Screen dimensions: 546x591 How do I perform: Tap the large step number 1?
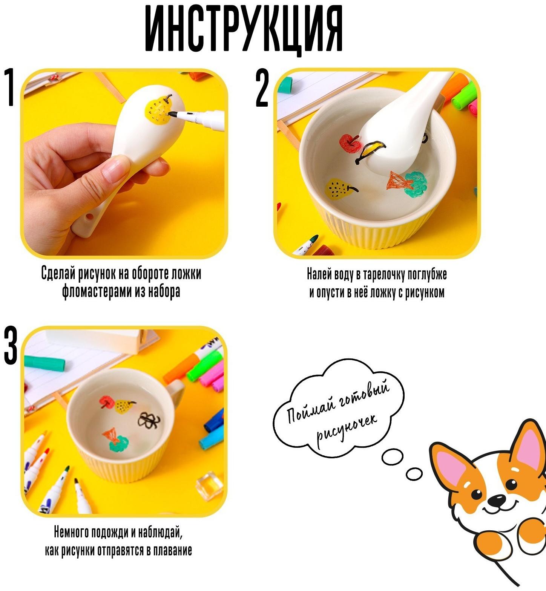[11, 87]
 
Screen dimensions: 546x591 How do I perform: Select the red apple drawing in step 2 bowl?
[350, 143]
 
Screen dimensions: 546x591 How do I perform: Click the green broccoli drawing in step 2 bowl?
[416, 184]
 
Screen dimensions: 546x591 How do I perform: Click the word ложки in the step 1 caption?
[186, 274]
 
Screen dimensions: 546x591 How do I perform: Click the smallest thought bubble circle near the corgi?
[414, 474]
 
